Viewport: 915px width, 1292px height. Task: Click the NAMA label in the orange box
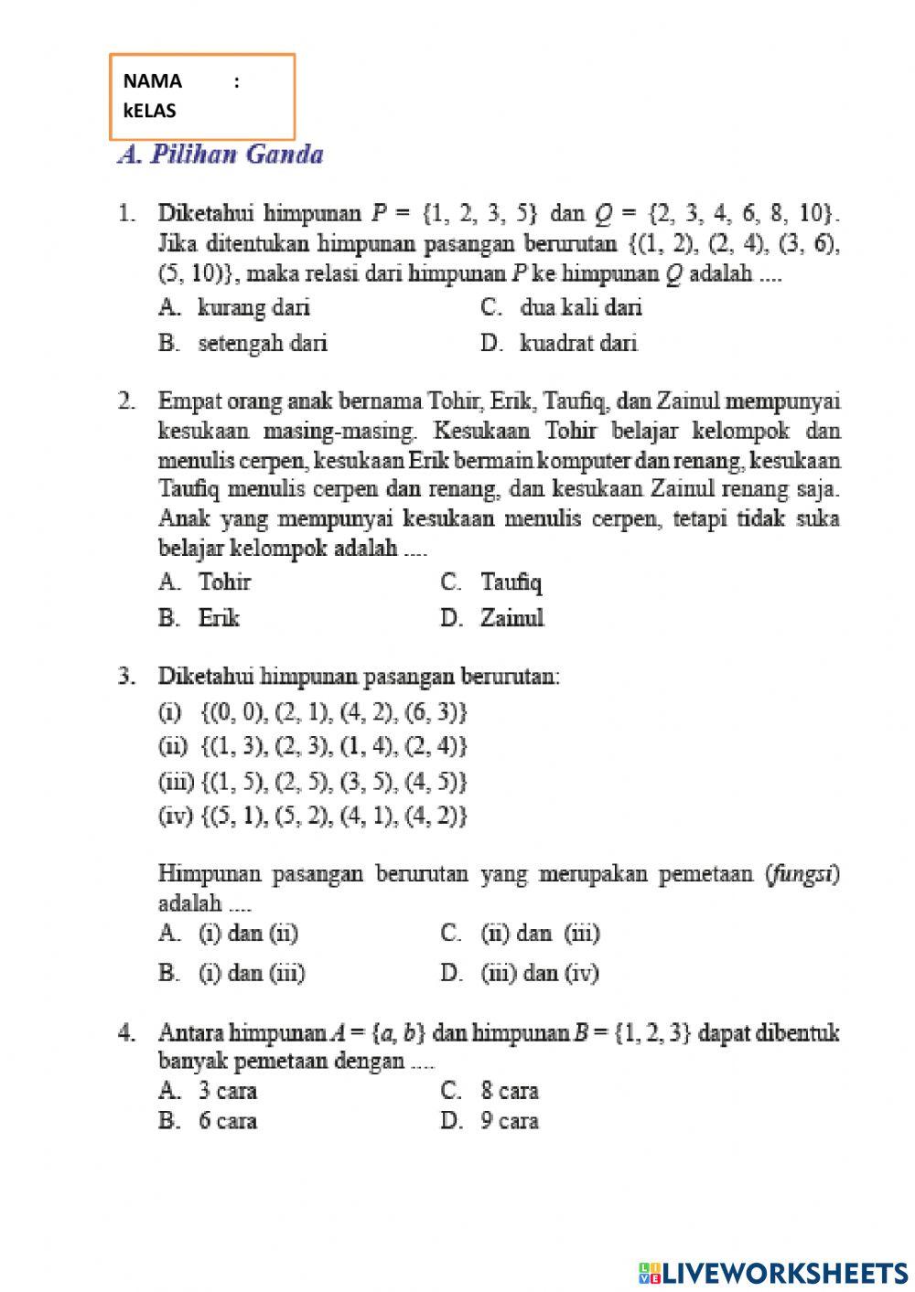point(152,80)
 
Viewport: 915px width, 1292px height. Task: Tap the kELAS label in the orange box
point(149,111)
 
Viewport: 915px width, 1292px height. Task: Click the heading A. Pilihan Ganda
point(221,154)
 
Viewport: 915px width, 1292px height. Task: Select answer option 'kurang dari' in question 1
point(253,307)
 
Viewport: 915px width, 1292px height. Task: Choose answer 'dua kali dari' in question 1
point(580,307)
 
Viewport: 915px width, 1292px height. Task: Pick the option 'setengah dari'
point(262,343)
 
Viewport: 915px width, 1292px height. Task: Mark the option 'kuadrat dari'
point(578,343)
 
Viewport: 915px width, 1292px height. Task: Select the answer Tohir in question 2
point(224,582)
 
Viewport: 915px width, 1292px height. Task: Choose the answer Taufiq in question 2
point(511,582)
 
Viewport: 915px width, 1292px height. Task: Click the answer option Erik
point(219,618)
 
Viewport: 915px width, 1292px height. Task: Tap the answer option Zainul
point(511,618)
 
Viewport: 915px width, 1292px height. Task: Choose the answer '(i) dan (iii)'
point(252,973)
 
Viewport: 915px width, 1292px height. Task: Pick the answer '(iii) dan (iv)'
point(540,973)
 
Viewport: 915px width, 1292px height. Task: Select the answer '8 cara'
point(510,1090)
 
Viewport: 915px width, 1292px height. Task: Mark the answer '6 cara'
point(228,1121)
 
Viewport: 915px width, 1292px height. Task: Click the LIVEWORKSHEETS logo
point(773,1272)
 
